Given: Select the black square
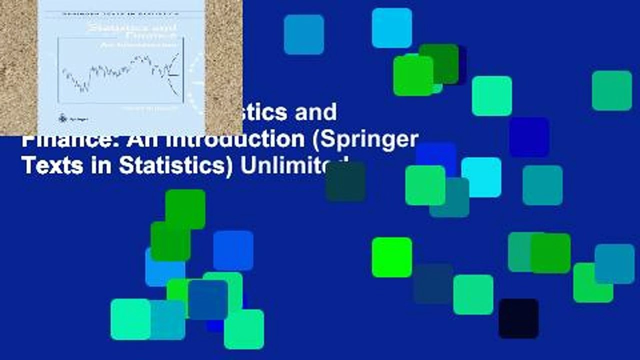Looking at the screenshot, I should [x=518, y=318].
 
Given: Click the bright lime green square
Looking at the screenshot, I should [x=392, y=257].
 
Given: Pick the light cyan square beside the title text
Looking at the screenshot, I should [x=481, y=177].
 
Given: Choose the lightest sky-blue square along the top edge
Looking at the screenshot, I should [x=392, y=28].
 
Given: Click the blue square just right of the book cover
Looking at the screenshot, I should [x=304, y=34].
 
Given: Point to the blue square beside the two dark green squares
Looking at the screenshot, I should [x=233, y=250].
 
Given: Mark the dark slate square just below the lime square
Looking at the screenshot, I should [x=433, y=283].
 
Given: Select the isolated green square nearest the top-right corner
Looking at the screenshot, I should [x=612, y=90].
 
